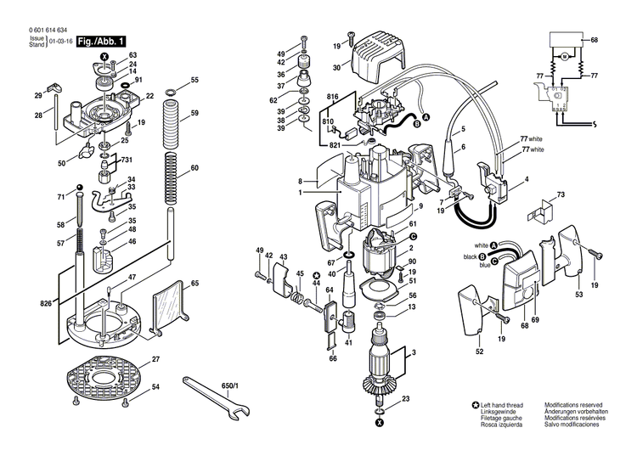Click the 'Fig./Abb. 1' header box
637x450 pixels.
click(x=102, y=41)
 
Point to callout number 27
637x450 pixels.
click(x=155, y=360)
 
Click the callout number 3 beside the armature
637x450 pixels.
click(x=413, y=352)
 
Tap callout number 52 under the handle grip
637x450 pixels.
click(x=479, y=352)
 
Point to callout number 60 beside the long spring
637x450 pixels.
click(x=194, y=168)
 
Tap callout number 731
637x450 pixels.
click(x=127, y=160)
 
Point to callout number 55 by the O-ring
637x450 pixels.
click(x=194, y=80)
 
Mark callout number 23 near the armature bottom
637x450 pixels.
click(x=406, y=399)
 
